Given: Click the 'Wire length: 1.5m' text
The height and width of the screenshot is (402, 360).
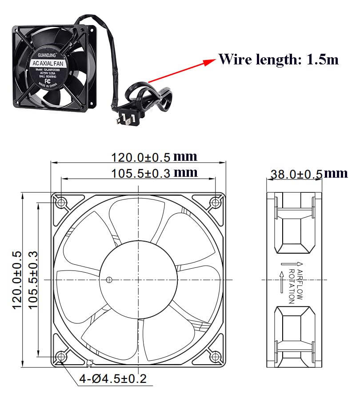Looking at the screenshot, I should pyautogui.click(x=279, y=60).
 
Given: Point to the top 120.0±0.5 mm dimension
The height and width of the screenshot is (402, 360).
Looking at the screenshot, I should pyautogui.click(x=154, y=157).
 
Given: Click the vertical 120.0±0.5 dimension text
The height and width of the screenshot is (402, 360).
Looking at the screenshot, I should pyautogui.click(x=17, y=280).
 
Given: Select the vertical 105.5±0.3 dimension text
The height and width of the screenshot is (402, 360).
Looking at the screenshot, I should pyautogui.click(x=33, y=280).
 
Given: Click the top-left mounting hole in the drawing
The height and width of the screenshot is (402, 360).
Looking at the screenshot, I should pyautogui.click(x=61, y=203).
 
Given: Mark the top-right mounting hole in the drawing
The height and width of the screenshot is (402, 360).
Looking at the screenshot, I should pyautogui.click(x=216, y=203).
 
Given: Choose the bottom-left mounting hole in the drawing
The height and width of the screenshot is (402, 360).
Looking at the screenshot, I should pyautogui.click(x=61, y=356).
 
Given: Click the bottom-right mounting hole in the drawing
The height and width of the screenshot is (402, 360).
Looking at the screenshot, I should pyautogui.click(x=216, y=356).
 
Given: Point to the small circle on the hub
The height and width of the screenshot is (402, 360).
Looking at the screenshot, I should pyautogui.click(x=109, y=280).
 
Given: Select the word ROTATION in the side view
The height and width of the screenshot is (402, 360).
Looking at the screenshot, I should pyautogui.click(x=292, y=287).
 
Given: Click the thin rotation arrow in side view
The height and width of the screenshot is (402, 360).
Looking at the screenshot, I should pyautogui.click(x=281, y=282).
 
